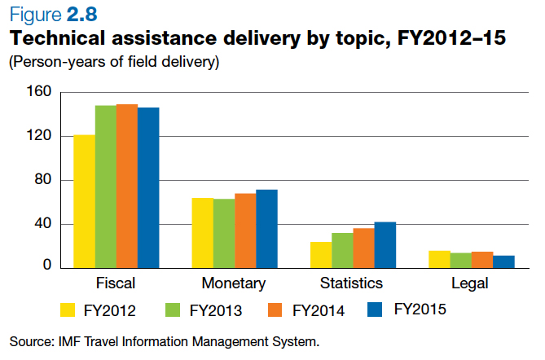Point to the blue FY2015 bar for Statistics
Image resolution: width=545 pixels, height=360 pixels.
[x=385, y=244]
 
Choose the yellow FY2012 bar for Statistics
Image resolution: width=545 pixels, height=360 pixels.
[x=321, y=254]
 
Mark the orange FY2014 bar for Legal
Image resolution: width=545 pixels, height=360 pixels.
[x=482, y=259]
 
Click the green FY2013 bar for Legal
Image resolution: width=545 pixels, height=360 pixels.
[x=461, y=260]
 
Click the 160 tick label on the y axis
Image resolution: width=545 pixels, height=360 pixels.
[x=39, y=93]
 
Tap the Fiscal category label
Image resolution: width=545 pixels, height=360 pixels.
[x=116, y=283]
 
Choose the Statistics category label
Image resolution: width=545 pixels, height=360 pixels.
[x=352, y=283]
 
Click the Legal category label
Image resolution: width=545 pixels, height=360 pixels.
[x=470, y=283]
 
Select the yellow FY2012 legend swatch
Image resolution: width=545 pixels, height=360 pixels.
[x=68, y=310]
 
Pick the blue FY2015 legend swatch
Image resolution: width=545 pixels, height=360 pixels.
[x=376, y=310]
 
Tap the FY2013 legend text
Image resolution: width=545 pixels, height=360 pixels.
[x=217, y=310]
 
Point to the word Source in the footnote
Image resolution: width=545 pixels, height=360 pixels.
[x=30, y=340]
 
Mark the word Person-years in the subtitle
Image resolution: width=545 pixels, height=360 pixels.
[x=51, y=62]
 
